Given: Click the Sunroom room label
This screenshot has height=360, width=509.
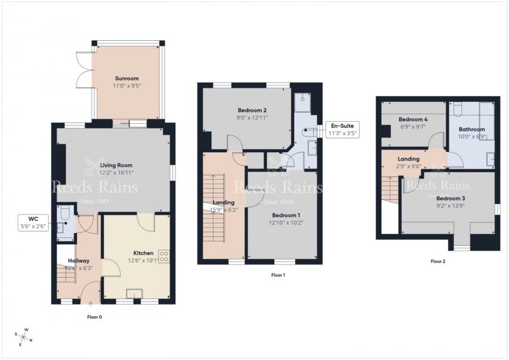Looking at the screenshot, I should (127, 79).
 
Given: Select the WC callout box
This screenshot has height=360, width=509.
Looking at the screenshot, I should (32, 222).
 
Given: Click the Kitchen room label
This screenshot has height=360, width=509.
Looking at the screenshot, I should (143, 253).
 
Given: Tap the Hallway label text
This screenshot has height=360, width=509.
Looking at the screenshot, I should (79, 260).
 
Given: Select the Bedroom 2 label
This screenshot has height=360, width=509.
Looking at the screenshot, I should (252, 110).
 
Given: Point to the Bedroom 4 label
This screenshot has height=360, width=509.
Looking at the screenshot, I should (413, 120).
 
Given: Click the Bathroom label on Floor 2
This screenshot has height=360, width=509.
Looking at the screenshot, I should (472, 129).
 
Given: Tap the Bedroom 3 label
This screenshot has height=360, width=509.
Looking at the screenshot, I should (451, 198).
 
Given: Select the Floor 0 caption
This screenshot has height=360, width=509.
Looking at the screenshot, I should (94, 317).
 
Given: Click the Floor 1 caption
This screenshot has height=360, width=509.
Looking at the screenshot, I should (278, 275).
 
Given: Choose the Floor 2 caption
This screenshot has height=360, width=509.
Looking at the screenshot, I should (438, 262).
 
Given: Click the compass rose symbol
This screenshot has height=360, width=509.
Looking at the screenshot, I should (25, 336).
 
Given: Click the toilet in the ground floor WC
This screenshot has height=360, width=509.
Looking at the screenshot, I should (64, 213).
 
